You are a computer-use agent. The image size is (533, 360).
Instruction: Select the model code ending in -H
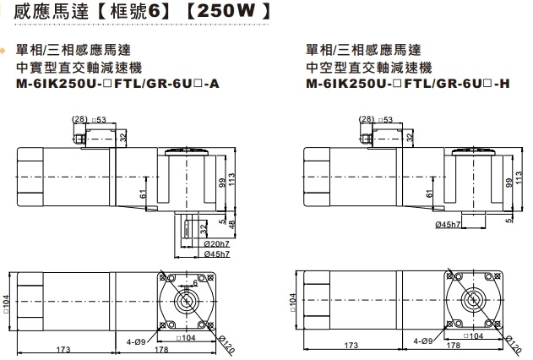click(x=407, y=85)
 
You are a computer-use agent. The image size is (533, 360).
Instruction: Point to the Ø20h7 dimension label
click(x=217, y=243)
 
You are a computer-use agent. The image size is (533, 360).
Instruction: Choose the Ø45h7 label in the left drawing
click(x=217, y=253)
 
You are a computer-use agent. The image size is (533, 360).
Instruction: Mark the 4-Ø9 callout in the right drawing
click(x=425, y=341)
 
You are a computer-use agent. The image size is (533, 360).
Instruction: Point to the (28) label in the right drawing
click(x=367, y=119)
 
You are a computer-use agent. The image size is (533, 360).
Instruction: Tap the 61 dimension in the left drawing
click(x=143, y=194)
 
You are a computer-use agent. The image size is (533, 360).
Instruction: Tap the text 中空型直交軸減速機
click(x=368, y=68)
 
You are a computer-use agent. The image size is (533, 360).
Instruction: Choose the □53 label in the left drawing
click(x=99, y=119)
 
